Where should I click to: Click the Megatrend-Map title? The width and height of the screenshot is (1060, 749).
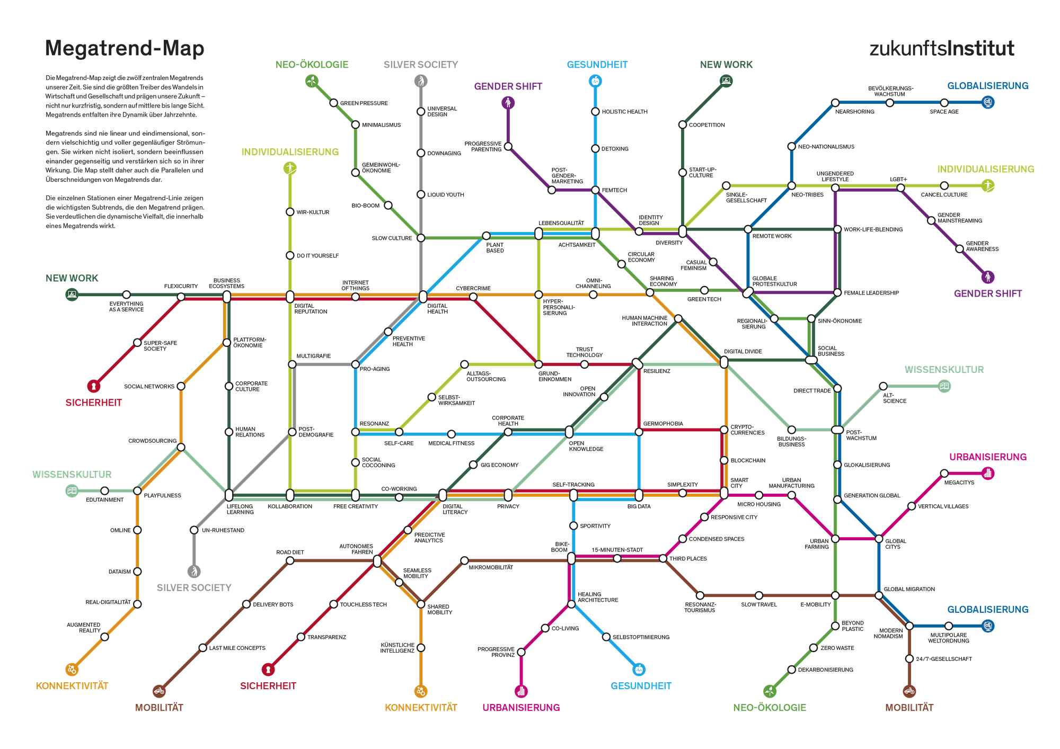click(x=125, y=49)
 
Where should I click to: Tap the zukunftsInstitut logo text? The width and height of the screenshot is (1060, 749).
click(x=942, y=49)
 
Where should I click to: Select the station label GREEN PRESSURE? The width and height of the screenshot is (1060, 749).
click(x=364, y=103)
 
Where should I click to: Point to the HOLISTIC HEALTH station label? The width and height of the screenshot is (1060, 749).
click(x=624, y=112)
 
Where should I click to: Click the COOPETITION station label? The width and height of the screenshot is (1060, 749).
click(x=707, y=125)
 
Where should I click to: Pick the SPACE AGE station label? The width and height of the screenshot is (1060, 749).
click(x=944, y=112)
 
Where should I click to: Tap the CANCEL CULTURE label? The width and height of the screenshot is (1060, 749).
click(x=944, y=195)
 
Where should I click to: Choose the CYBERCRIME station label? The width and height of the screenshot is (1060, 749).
click(x=473, y=288)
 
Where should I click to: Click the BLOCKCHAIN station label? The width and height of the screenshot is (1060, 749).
click(x=748, y=460)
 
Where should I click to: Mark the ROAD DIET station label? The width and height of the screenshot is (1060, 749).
click(x=290, y=552)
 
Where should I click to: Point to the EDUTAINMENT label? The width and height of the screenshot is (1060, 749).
click(x=105, y=500)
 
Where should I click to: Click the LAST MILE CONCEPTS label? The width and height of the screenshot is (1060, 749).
click(x=237, y=648)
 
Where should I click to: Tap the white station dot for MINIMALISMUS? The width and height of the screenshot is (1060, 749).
click(x=356, y=125)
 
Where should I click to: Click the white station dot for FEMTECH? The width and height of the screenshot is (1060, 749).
click(x=595, y=190)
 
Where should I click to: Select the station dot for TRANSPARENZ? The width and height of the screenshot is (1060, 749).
click(x=301, y=637)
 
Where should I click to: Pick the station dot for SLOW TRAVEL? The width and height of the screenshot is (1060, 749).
click(x=759, y=596)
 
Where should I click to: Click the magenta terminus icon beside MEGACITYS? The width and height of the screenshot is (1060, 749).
click(x=987, y=474)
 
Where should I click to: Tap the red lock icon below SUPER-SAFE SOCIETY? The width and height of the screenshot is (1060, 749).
click(x=94, y=386)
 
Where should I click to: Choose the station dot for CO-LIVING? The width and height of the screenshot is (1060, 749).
click(x=545, y=628)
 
